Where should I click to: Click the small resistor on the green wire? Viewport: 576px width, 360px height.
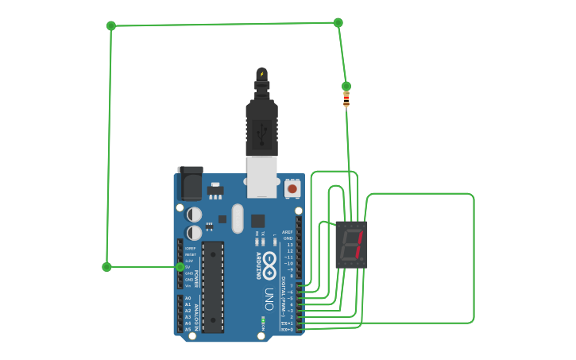click(x=346, y=99)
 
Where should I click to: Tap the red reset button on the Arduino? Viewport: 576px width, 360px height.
click(x=292, y=188)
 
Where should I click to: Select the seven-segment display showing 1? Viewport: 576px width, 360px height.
click(x=351, y=244)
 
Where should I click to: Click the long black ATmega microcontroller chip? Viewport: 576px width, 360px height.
click(x=212, y=287)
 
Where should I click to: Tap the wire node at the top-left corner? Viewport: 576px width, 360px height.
click(x=111, y=25)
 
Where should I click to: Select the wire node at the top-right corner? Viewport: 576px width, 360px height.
click(x=338, y=22)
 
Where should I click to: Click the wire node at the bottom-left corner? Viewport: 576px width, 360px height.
click(x=106, y=267)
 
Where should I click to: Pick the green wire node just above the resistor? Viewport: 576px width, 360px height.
click(x=346, y=86)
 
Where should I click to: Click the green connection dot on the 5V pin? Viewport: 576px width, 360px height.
click(x=180, y=267)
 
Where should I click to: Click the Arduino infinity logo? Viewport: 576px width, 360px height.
click(x=269, y=261)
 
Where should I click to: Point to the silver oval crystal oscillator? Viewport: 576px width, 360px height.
click(x=238, y=219)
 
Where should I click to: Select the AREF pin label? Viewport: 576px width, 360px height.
click(x=288, y=232)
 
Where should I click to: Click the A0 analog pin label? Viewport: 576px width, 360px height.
click(x=187, y=298)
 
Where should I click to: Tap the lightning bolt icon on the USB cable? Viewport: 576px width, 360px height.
click(x=261, y=74)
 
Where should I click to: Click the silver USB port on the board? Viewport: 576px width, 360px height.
click(x=261, y=176)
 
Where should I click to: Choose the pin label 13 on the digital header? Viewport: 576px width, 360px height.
click(x=290, y=245)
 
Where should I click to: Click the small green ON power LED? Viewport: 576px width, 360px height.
click(x=263, y=319)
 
